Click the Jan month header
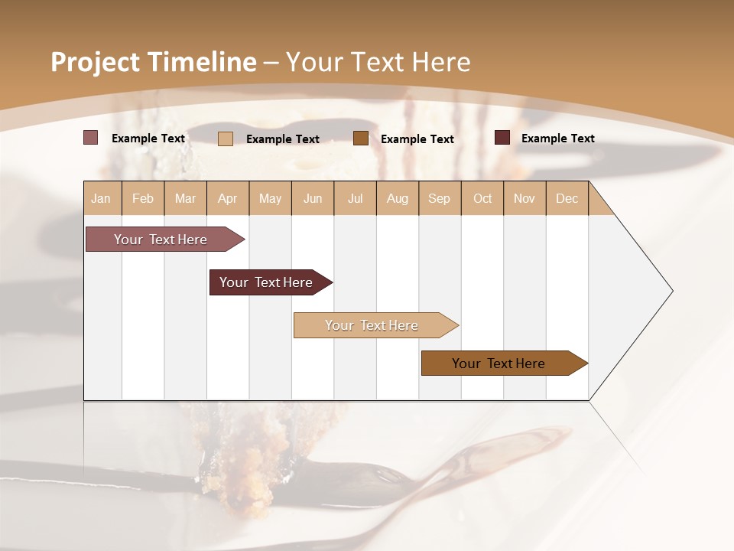(x=101, y=198)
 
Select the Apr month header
(x=227, y=198)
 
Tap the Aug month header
(x=397, y=198)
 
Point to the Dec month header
(x=567, y=198)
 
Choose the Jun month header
(x=312, y=198)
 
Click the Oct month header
(x=482, y=198)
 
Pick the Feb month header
(x=142, y=198)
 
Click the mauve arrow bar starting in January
(x=161, y=240)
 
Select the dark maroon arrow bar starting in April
(x=266, y=282)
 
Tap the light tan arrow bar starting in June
(x=372, y=325)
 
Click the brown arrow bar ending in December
(x=499, y=364)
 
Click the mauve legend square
(x=90, y=138)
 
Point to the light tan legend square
(x=225, y=139)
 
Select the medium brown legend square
(x=361, y=139)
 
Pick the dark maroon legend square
(x=502, y=138)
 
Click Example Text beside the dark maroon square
(x=557, y=139)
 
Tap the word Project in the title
(x=95, y=62)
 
